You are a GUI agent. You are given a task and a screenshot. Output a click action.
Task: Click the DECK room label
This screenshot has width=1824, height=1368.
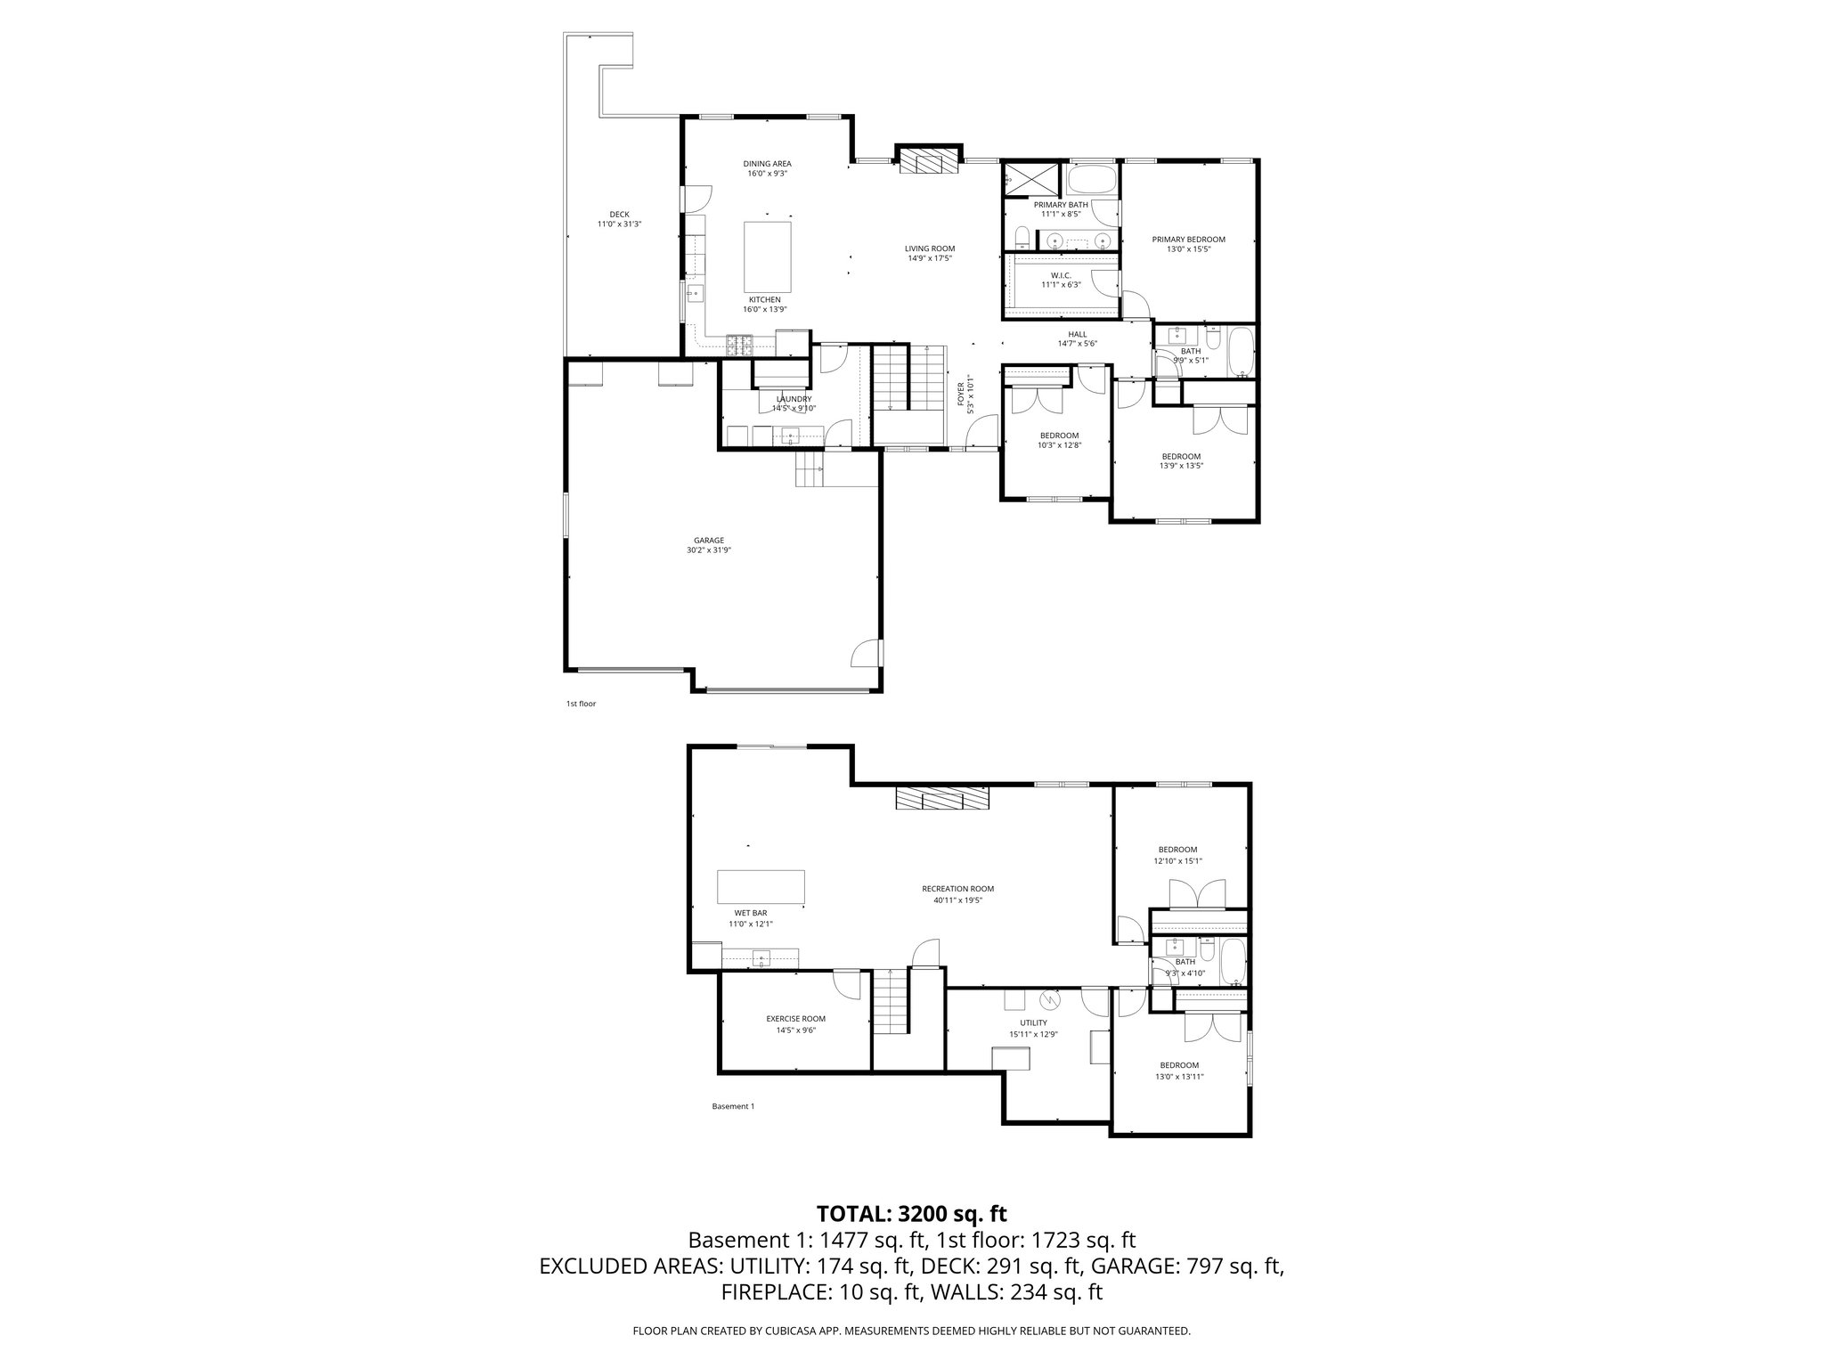coord(619,215)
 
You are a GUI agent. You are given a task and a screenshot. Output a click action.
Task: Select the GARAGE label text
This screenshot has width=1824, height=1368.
coord(709,541)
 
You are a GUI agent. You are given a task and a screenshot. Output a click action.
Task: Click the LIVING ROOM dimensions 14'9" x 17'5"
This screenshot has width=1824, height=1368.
coord(930,258)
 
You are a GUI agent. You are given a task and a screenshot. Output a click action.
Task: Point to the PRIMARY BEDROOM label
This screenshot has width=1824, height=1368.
coord(1188,240)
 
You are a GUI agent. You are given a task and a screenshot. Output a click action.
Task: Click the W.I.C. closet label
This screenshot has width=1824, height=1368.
coord(1060,275)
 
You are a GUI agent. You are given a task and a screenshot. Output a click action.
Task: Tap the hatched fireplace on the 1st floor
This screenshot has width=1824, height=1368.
coord(929,163)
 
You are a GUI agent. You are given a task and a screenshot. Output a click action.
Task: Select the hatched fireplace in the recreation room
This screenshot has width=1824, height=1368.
coord(942,798)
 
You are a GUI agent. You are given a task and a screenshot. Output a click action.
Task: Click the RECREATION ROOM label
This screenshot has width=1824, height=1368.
coord(957,889)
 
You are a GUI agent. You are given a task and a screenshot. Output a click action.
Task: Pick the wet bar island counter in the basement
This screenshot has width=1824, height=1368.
coord(761,887)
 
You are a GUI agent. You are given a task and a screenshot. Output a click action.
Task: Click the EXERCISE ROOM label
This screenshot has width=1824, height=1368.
coord(795,1019)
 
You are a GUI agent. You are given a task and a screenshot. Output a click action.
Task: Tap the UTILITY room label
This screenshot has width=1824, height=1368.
coord(1033,1023)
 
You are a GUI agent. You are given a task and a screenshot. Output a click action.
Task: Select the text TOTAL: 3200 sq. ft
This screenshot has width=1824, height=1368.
coord(911,1213)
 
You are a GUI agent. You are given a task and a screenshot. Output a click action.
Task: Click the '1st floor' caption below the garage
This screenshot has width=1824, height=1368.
coord(581,704)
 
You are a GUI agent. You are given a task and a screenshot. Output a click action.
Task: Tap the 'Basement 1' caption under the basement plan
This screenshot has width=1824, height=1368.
coord(733,1106)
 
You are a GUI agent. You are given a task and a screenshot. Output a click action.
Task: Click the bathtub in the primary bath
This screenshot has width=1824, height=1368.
coord(1090,182)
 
